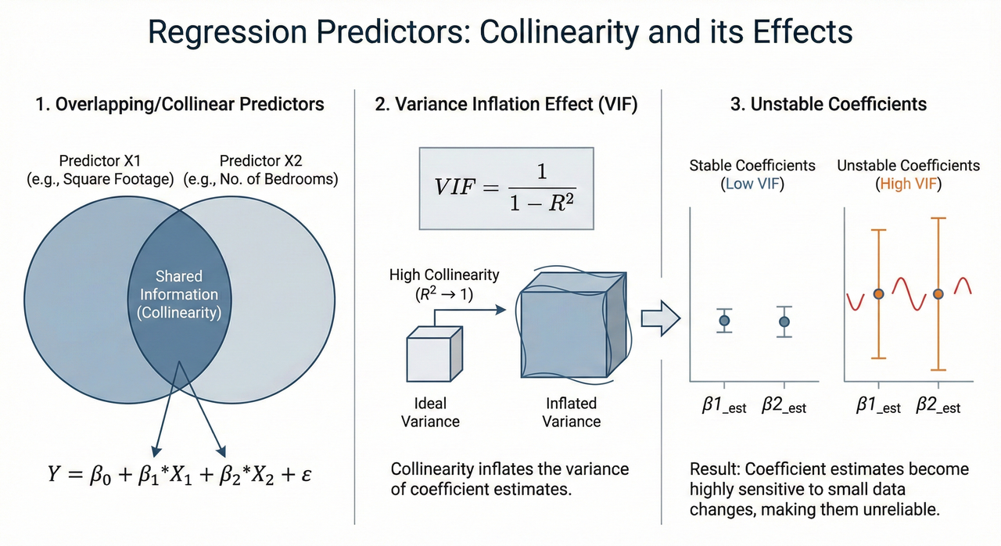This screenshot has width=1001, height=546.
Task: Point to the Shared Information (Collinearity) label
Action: pos(179,294)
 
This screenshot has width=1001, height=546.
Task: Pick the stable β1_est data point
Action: pos(724,320)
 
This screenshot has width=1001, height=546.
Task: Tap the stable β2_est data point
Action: pos(784,321)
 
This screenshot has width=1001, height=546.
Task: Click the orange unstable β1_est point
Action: pos(879,293)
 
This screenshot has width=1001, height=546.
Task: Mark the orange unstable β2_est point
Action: pos(938,294)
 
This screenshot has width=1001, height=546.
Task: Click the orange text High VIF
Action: pos(908,184)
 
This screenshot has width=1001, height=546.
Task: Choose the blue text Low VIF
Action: pos(752,184)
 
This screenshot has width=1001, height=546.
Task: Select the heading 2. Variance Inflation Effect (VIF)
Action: pos(507,104)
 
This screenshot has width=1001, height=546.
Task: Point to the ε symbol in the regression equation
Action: pos(307,475)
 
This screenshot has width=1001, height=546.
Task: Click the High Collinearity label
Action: pos(443,275)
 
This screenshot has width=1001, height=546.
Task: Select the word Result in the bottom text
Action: pos(713,470)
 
